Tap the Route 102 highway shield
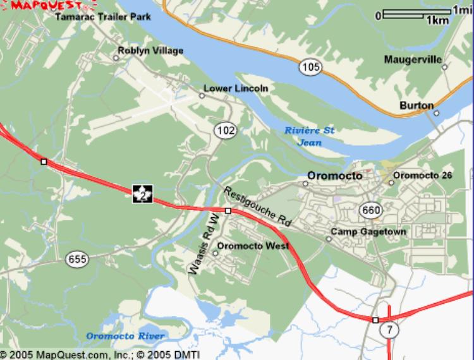pos(225,130)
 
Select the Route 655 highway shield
pos(76,258)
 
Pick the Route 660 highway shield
pos(371,209)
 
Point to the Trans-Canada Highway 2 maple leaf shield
pos(143,194)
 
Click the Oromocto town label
pos(335,176)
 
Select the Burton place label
pos(416,105)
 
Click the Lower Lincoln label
pos(236,88)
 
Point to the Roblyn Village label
pos(151,51)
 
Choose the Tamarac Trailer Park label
pos(103,17)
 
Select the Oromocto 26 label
pos(423,175)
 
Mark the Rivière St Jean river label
pos(310,136)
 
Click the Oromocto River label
pos(125,335)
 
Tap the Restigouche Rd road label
pos(257,207)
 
